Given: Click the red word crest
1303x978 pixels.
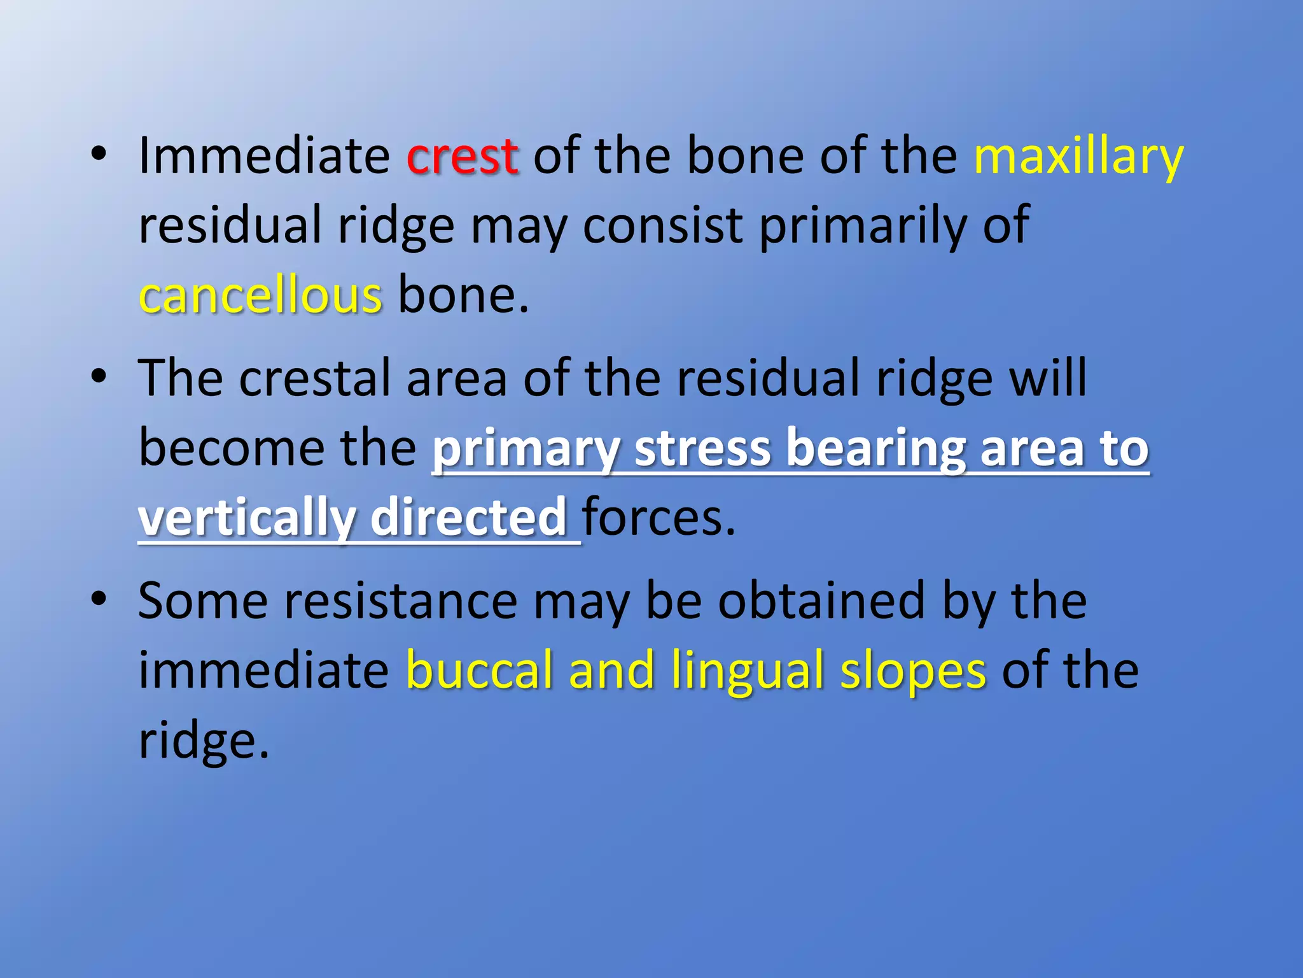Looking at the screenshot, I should (x=462, y=157).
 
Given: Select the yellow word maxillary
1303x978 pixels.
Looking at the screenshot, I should (x=1078, y=157).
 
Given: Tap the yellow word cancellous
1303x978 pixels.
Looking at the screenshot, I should (x=260, y=295).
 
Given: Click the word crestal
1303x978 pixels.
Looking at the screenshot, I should (x=315, y=378).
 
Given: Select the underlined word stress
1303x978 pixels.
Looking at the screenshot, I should (x=703, y=448).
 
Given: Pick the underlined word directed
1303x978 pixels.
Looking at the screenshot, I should (x=468, y=517).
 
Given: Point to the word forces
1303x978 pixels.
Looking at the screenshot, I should (x=658, y=517).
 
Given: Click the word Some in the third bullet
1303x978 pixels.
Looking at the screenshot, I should (x=203, y=601).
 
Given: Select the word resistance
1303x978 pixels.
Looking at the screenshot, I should (x=401, y=601).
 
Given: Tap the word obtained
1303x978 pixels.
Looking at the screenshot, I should (x=821, y=601).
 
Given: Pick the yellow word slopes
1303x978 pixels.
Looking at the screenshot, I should (x=913, y=671).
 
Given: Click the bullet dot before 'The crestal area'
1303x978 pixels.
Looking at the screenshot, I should (x=98, y=377).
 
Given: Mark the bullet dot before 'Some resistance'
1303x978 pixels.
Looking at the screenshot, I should (x=98, y=600).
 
